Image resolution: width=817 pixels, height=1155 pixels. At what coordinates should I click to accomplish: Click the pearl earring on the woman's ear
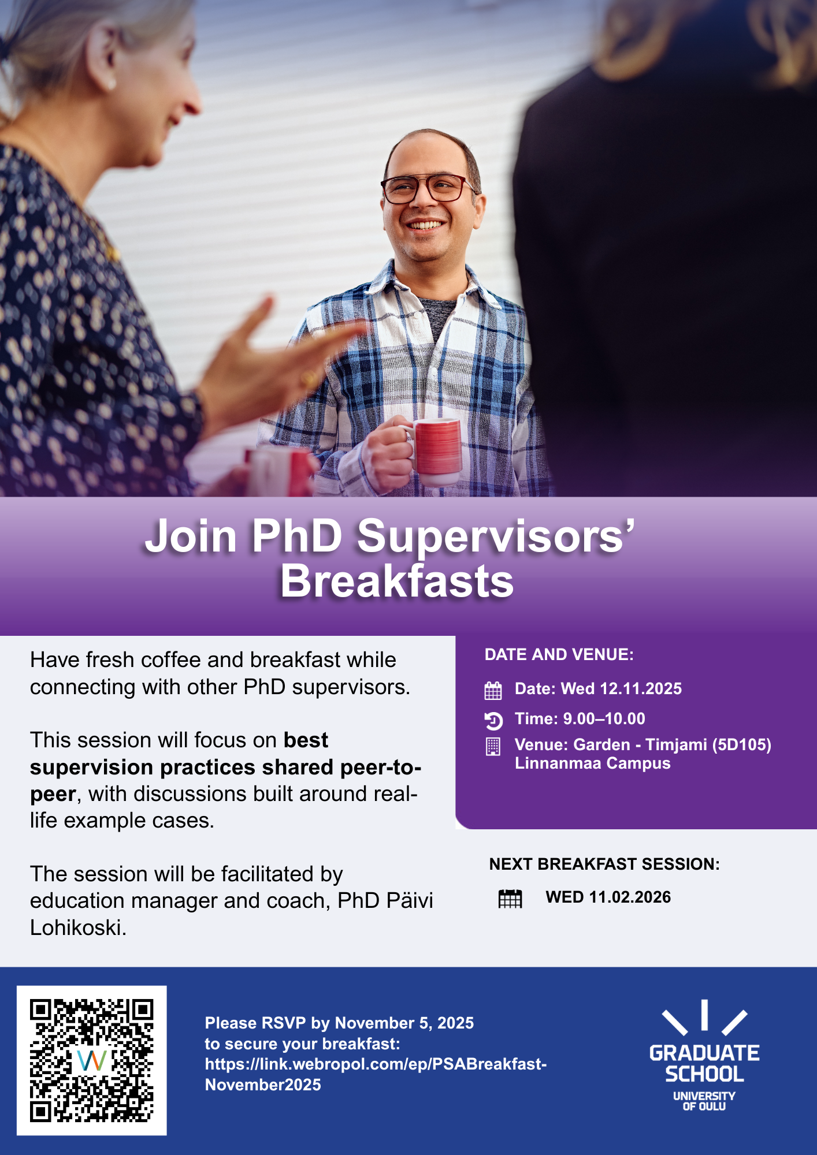click(112, 85)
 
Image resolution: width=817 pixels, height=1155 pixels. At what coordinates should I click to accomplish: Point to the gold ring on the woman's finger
click(308, 379)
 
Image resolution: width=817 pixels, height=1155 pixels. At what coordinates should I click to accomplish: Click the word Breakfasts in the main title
click(397, 581)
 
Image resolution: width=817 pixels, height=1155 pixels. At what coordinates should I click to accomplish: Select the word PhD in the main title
click(297, 535)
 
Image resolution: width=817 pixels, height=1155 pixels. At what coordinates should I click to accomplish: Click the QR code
click(92, 1060)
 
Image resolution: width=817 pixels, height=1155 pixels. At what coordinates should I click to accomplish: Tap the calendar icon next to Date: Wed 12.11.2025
click(493, 690)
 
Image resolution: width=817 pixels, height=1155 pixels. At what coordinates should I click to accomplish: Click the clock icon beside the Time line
click(493, 720)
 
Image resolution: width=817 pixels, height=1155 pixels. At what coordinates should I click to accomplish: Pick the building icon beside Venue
click(493, 746)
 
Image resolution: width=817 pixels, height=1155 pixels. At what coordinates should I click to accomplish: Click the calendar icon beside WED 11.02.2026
click(510, 899)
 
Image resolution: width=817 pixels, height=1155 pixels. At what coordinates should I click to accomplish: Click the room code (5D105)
click(742, 745)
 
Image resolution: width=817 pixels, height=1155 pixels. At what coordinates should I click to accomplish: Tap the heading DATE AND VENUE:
click(559, 654)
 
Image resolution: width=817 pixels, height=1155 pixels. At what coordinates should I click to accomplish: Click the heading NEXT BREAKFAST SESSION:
click(604, 864)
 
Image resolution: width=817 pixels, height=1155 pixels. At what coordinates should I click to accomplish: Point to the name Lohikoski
click(78, 927)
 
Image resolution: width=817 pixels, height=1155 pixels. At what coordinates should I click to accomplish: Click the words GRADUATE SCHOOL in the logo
click(704, 1064)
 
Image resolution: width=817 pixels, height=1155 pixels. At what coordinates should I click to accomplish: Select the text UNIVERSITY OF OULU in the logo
click(704, 1101)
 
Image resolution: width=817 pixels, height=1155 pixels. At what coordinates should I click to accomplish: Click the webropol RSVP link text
click(376, 1074)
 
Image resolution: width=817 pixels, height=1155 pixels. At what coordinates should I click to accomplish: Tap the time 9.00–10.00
click(604, 718)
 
